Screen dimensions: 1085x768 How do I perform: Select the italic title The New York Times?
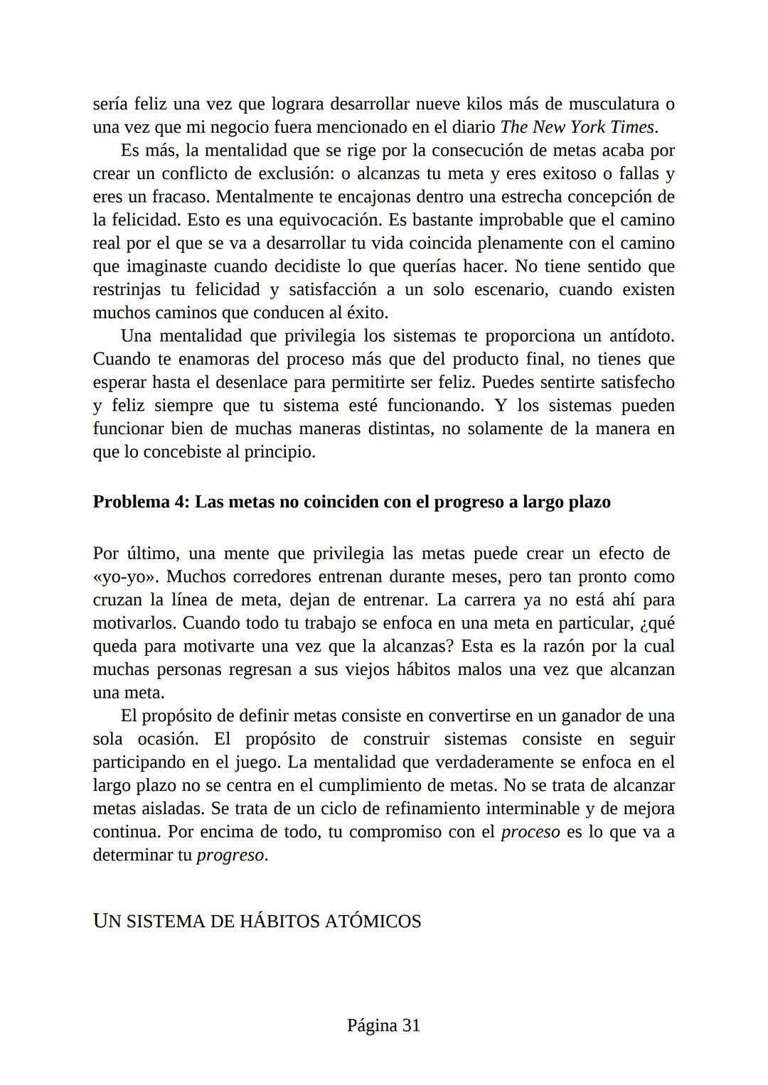pos(577,127)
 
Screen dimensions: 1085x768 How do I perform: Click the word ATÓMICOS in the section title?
pos(373,922)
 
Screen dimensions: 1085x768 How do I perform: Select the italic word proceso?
pos(530,832)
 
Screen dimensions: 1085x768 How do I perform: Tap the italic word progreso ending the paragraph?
pos(230,855)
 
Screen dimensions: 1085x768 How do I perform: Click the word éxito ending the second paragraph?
pos(367,313)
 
